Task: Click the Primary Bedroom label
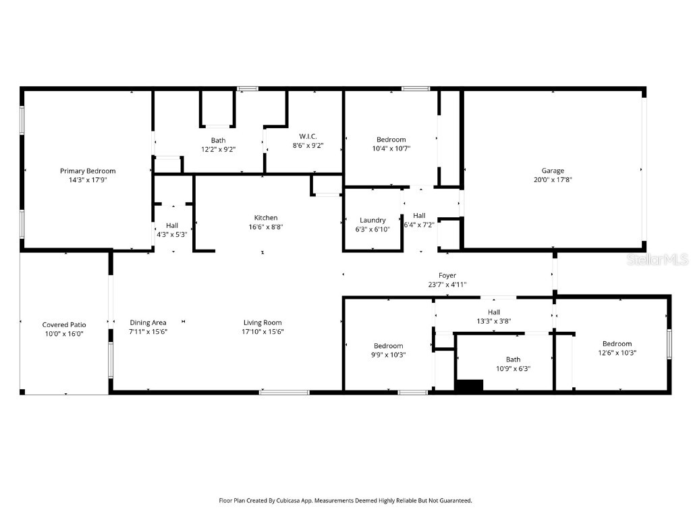88,171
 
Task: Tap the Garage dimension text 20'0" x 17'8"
553,180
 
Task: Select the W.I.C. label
304,136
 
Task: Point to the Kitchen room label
265,218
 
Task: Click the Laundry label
372,220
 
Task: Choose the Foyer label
447,275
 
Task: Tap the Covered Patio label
64,324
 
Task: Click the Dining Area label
148,322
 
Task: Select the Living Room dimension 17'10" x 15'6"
262,332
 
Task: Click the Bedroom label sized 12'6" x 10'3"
617,344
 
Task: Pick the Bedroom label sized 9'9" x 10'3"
389,345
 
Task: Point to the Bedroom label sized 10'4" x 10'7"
391,140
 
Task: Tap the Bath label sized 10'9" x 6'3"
514,359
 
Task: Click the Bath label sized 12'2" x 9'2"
218,140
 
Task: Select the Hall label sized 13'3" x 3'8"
494,312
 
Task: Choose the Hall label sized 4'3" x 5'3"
172,225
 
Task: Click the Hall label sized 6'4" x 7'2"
419,216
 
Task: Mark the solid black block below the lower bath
470,385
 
